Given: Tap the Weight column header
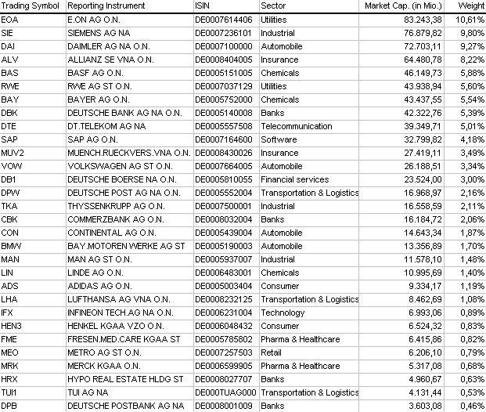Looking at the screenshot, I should point(471,5).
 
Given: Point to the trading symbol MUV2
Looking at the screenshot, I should point(13,153).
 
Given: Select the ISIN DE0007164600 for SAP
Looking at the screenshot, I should point(223,139).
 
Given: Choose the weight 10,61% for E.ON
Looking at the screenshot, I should point(472,19).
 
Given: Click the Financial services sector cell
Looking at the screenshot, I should point(294,179).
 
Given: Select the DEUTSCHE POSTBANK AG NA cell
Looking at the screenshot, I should point(125,406).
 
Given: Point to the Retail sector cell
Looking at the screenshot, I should point(271,352).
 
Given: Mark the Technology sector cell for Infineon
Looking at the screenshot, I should point(283,313).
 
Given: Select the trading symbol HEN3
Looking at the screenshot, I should point(12,326).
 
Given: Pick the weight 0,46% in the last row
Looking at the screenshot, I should point(473,406).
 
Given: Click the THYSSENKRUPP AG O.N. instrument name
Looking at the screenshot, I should point(116,206).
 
